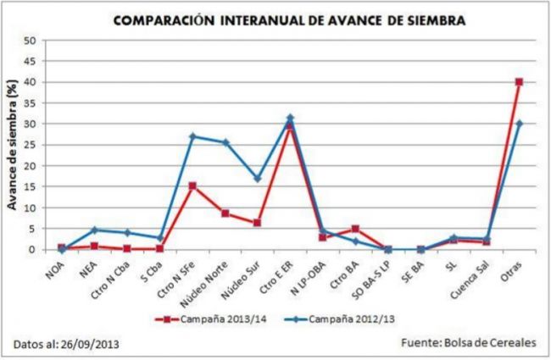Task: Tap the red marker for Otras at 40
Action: click(519, 82)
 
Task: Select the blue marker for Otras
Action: click(519, 124)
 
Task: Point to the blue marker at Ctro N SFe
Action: click(192, 136)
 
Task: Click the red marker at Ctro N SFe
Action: click(192, 186)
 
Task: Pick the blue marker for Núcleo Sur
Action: click(258, 179)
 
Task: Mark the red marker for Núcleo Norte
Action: click(225, 213)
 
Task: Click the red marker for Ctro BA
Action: click(355, 229)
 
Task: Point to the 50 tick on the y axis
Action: click(30, 41)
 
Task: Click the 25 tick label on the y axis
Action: click(30, 145)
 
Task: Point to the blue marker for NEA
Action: click(94, 230)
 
